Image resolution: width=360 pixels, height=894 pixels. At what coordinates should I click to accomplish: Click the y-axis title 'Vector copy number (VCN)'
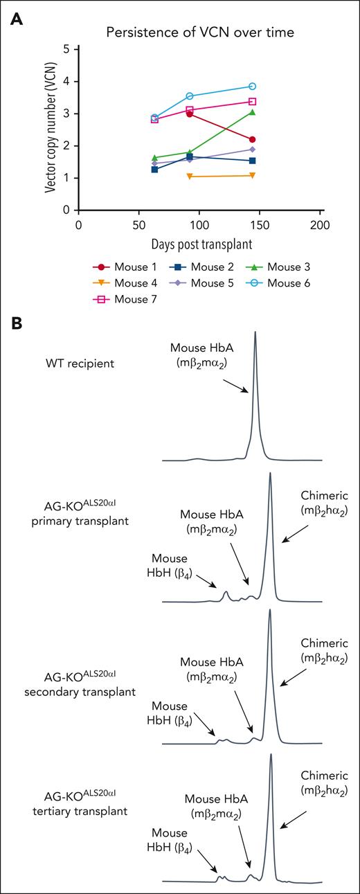tap(50, 129)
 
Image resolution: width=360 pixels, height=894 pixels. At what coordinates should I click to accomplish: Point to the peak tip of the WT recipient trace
tap(255, 332)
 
